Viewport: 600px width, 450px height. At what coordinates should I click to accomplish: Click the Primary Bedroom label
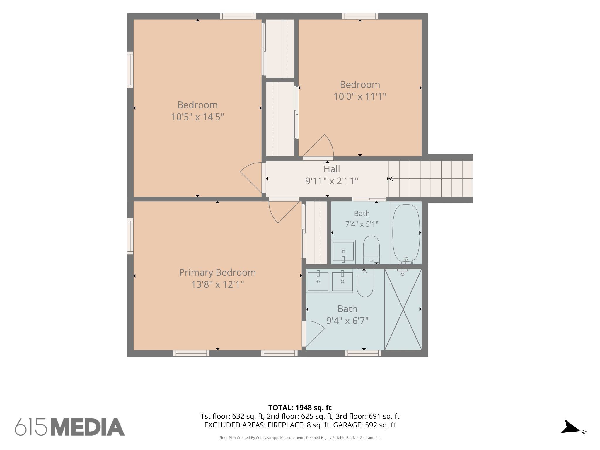click(x=217, y=273)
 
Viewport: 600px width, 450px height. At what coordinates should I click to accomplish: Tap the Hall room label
click(x=332, y=169)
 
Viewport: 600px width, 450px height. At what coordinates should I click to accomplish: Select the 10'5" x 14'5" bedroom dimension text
click(x=197, y=117)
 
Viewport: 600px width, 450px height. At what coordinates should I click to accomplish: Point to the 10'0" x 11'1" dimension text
click(x=360, y=96)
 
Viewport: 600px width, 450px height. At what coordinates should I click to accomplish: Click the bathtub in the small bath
click(x=406, y=233)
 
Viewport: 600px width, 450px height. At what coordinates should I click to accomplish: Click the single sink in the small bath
click(x=343, y=251)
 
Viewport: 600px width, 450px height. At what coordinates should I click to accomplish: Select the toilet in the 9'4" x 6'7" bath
click(x=365, y=283)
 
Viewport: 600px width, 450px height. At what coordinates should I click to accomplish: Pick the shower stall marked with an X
click(x=403, y=309)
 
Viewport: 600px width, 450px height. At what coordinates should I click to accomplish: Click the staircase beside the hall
click(x=431, y=179)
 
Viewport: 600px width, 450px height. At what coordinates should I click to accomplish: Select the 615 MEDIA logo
click(x=70, y=427)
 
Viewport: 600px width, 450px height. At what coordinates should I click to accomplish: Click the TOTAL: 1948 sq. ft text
click(x=300, y=408)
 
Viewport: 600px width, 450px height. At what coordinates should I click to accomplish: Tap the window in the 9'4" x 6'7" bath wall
click(x=363, y=353)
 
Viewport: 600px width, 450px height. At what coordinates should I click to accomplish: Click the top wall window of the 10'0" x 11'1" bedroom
click(x=360, y=16)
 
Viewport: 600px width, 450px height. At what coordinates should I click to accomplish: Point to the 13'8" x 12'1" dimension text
click(x=217, y=284)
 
